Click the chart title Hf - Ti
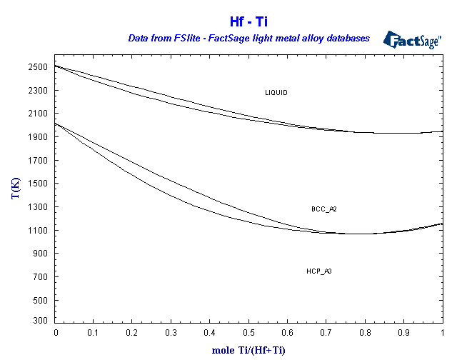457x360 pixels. [x=248, y=22]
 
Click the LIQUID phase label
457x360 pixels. [x=276, y=93]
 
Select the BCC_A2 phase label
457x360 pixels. [x=323, y=209]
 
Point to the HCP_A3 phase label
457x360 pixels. [x=319, y=271]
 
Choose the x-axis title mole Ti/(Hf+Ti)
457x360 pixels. [x=248, y=350]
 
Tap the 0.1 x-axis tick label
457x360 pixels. [x=94, y=333]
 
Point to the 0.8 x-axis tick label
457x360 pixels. [x=366, y=333]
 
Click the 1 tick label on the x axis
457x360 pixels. [x=443, y=333]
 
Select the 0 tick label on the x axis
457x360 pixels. [x=56, y=333]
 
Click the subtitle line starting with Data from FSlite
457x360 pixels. [x=248, y=38]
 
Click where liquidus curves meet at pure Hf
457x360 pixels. [x=56, y=66]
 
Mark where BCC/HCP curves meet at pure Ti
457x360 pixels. [x=442, y=224]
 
